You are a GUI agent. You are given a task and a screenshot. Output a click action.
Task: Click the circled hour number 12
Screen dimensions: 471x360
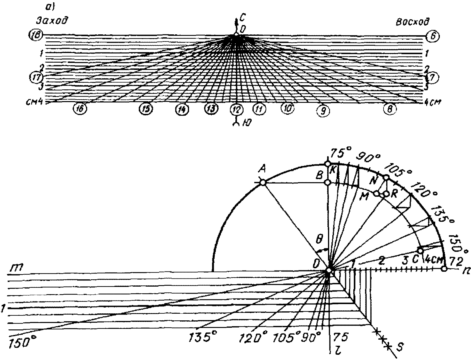pos(236,110)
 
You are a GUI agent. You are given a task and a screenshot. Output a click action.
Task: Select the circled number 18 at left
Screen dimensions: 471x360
pos(36,36)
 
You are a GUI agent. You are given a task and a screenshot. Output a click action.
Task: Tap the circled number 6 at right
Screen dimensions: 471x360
pos(432,36)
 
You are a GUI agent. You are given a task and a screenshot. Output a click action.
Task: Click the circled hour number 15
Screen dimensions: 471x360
pos(145,109)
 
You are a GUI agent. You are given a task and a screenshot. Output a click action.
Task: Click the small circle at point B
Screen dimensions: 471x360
pos(328,182)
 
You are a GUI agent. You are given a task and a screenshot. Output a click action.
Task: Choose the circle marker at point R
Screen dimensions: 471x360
pos(386,194)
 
